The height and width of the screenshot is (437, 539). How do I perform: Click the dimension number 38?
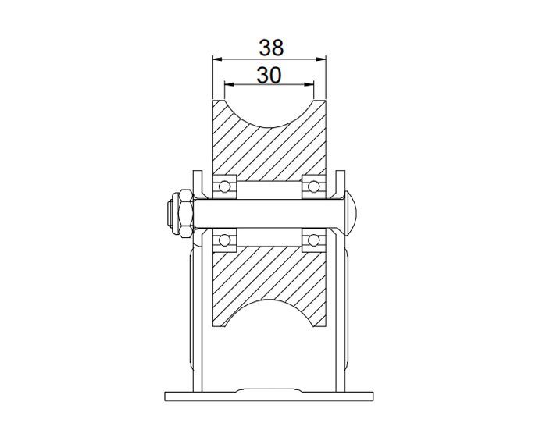pos(270,48)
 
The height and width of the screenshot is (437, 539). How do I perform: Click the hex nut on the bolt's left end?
pos(180,211)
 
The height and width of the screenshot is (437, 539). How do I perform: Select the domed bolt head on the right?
pos(351,211)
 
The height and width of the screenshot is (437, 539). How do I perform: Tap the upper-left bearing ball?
pos(227,186)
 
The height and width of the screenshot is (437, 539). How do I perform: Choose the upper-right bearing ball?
pos(314,186)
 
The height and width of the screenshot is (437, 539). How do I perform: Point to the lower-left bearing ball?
pos(227,238)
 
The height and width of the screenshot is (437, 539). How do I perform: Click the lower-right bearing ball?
pos(314,238)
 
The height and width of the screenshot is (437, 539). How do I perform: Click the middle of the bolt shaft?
pos(270,211)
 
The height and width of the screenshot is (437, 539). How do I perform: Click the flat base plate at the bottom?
pos(270,394)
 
